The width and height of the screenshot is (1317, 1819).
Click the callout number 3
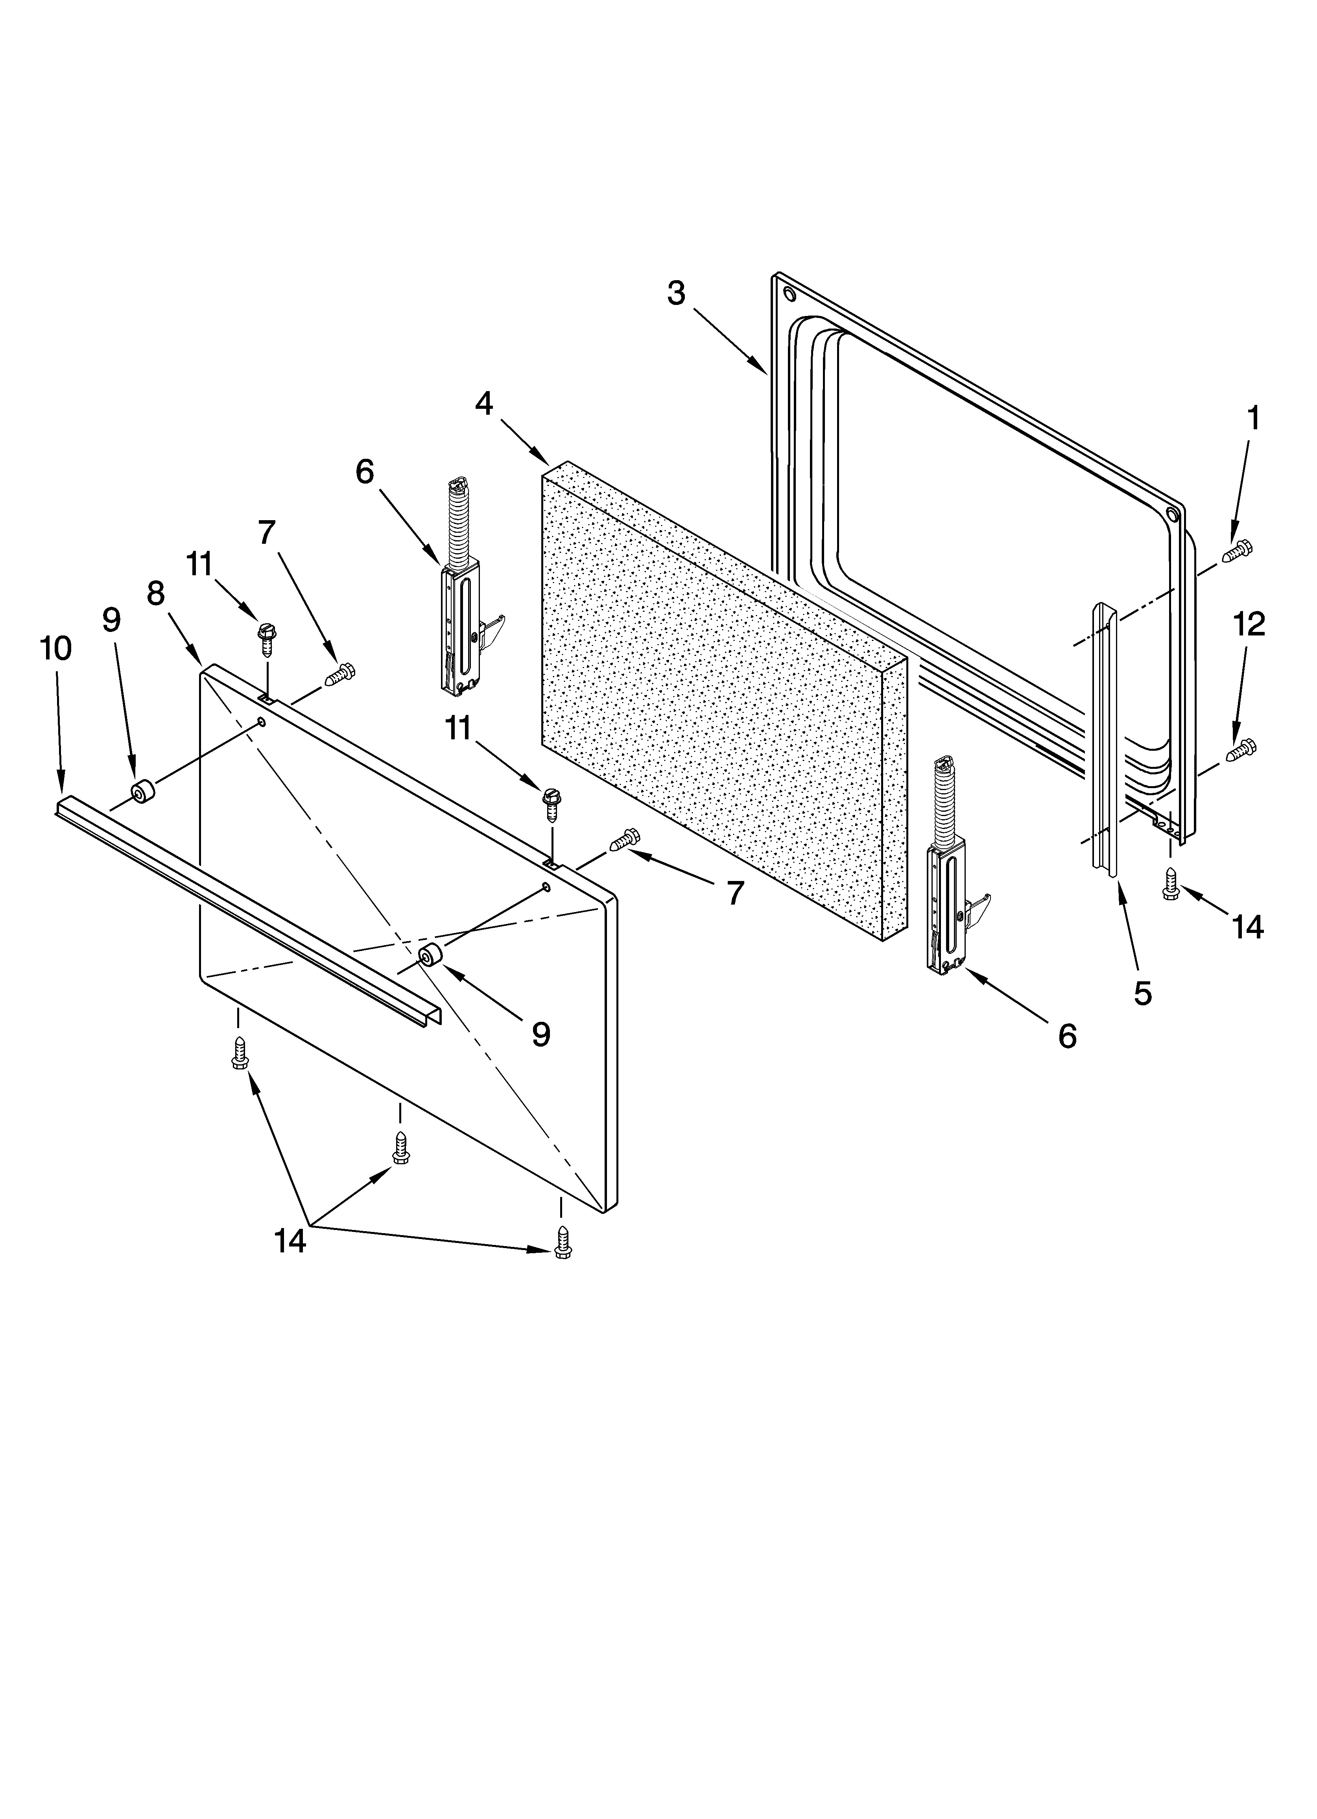coord(676,294)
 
